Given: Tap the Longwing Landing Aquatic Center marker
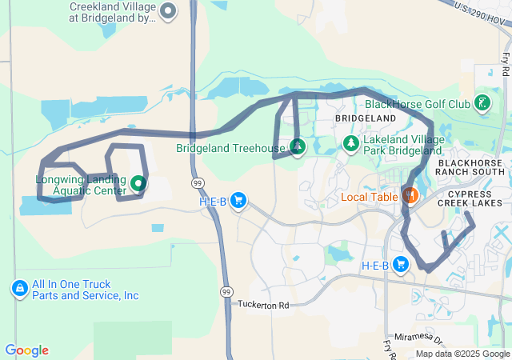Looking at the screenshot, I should [x=138, y=184].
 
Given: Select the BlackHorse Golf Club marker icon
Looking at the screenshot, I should [x=482, y=103].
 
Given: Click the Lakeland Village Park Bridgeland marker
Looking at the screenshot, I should [x=350, y=143].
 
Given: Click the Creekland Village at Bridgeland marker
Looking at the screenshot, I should [x=168, y=11].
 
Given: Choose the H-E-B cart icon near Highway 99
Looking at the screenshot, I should [x=238, y=201].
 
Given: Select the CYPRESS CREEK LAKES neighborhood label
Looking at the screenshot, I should [x=476, y=198].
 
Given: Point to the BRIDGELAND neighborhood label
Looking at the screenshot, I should [x=365, y=118].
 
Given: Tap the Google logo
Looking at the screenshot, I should [x=26, y=350].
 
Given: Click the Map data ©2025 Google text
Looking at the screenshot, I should [x=462, y=354].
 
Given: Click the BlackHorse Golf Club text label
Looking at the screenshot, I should [x=417, y=104].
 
